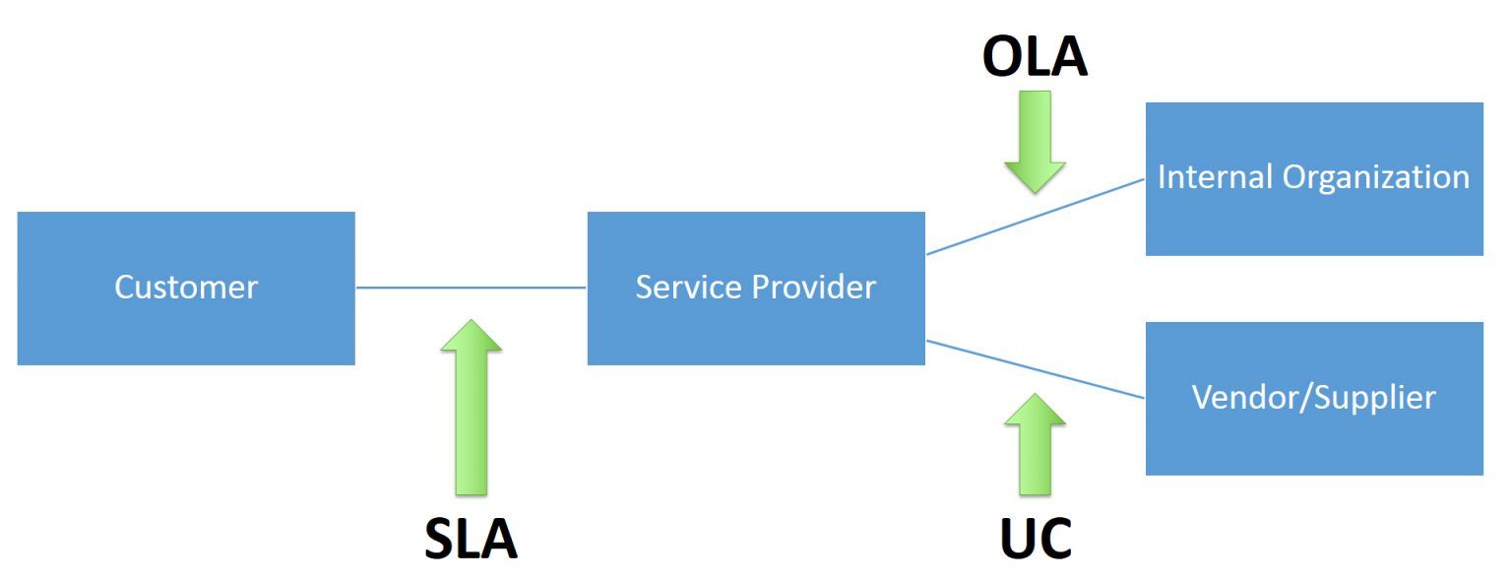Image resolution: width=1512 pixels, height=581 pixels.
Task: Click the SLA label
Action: (471, 539)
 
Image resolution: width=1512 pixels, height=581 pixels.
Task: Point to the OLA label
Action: (1035, 58)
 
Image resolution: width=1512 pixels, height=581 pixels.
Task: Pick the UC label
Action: (1035, 539)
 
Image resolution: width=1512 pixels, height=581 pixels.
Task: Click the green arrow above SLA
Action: (471, 414)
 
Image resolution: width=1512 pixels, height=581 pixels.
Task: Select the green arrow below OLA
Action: (1035, 138)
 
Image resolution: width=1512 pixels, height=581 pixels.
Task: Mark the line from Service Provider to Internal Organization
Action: (1035, 217)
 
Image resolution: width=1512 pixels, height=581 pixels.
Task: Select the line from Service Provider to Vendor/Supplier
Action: (1035, 369)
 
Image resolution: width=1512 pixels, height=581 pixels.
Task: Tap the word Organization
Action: (1376, 177)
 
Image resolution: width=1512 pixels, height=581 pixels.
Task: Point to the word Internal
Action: (1216, 177)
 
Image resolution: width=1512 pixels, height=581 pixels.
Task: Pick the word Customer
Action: (186, 288)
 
